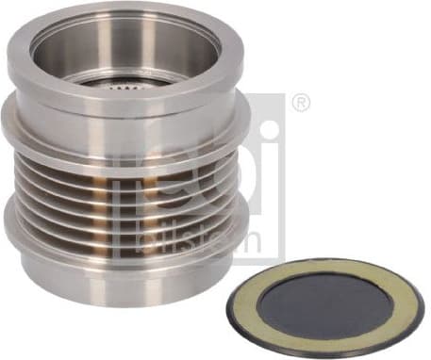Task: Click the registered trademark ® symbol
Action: tap(301, 103)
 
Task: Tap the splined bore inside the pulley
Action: tap(125, 83)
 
